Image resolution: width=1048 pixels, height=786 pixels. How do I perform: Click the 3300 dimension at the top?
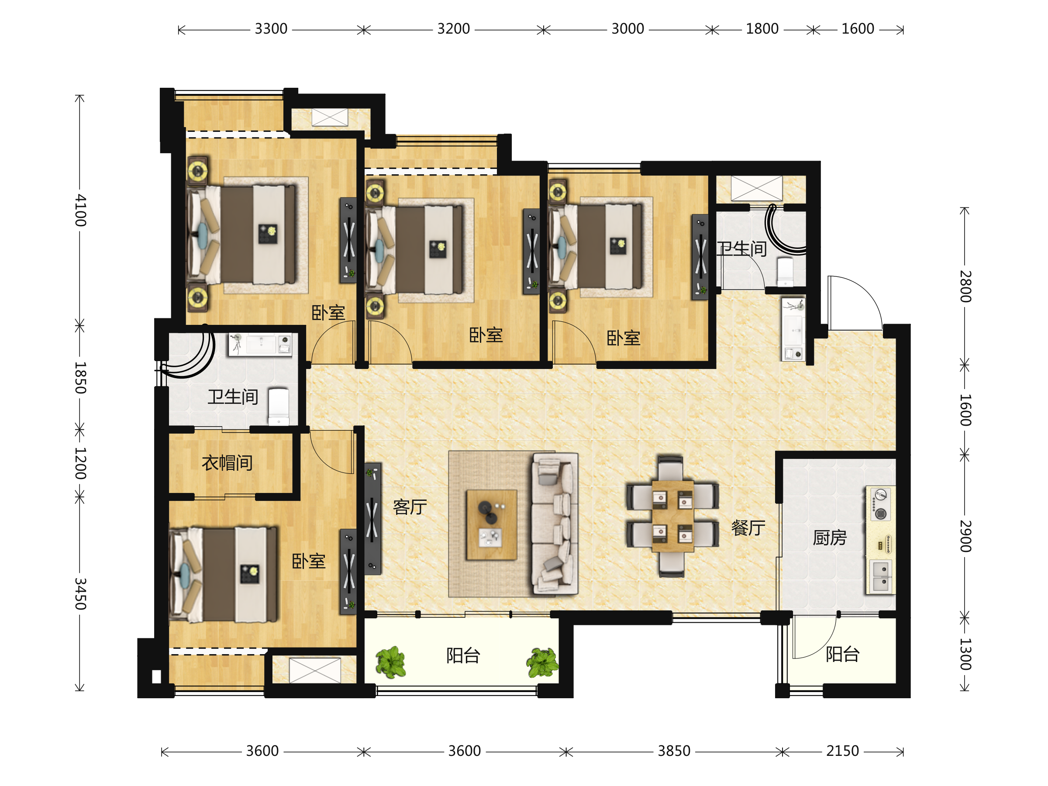(271, 29)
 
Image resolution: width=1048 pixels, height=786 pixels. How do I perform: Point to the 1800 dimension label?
(762, 29)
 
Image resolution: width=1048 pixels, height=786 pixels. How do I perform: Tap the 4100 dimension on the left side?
(80, 210)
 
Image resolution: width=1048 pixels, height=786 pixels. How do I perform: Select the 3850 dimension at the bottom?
(674, 751)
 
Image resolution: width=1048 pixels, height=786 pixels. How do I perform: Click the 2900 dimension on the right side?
(965, 536)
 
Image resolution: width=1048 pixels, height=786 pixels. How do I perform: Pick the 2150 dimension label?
(842, 751)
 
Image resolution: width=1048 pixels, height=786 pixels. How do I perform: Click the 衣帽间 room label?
(227, 463)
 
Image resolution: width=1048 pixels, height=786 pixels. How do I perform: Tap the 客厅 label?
(410, 507)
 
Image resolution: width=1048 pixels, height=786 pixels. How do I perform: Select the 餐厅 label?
(748, 527)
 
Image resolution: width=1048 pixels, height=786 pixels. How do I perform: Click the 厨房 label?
(830, 538)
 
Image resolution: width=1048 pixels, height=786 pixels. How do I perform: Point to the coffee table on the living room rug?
(491, 525)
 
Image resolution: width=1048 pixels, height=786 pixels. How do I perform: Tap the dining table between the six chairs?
(673, 517)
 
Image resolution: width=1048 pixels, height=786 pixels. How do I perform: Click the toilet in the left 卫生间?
(279, 407)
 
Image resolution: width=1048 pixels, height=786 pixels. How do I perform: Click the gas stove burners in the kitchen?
(880, 504)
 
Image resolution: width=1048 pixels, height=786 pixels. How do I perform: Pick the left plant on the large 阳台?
(390, 662)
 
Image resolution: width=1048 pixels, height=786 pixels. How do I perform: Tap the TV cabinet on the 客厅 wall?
(372, 519)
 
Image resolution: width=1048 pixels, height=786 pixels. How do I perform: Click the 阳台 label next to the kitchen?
(842, 654)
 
